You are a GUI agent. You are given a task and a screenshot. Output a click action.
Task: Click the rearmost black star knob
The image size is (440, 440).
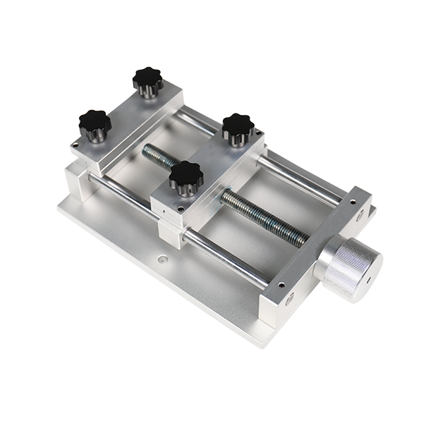(x=148, y=80)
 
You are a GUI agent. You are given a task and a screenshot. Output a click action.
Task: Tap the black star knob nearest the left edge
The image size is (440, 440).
(x=94, y=124)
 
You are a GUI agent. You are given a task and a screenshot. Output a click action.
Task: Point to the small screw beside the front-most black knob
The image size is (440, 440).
(x=182, y=208)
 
